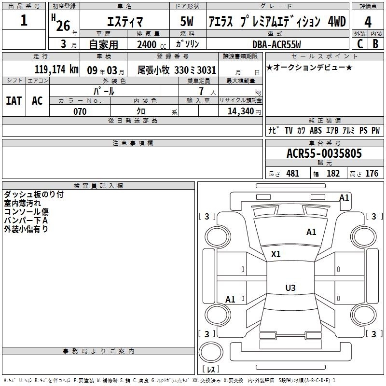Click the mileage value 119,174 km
point(56,69)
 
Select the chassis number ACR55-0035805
point(324,153)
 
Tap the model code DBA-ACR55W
point(276,44)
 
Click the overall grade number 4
point(368,22)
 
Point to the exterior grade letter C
point(360,44)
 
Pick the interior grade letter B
point(375,44)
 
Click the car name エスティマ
point(125,22)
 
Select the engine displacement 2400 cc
point(152,45)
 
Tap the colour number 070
point(80,111)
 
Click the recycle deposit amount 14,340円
point(244,111)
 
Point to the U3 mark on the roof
point(290,288)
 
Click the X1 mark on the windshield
point(276,254)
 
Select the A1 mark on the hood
point(311,232)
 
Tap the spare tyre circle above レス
point(211,352)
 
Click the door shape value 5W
point(187,21)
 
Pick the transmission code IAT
point(14,101)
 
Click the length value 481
point(293,174)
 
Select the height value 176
point(372,174)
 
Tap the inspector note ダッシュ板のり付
point(34,194)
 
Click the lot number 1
point(24,20)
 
